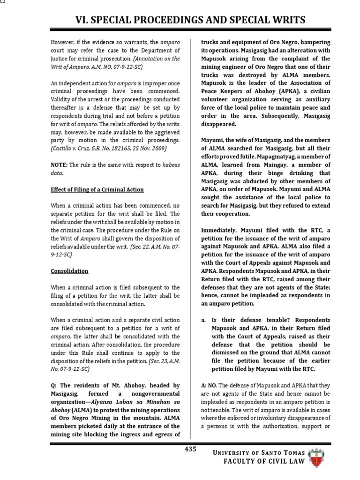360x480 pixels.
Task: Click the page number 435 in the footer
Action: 190,449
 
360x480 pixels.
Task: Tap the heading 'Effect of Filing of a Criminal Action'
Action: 97,189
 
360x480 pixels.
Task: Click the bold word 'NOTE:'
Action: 60,165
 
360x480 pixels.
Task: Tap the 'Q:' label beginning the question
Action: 55,385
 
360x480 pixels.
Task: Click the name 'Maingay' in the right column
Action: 271,165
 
